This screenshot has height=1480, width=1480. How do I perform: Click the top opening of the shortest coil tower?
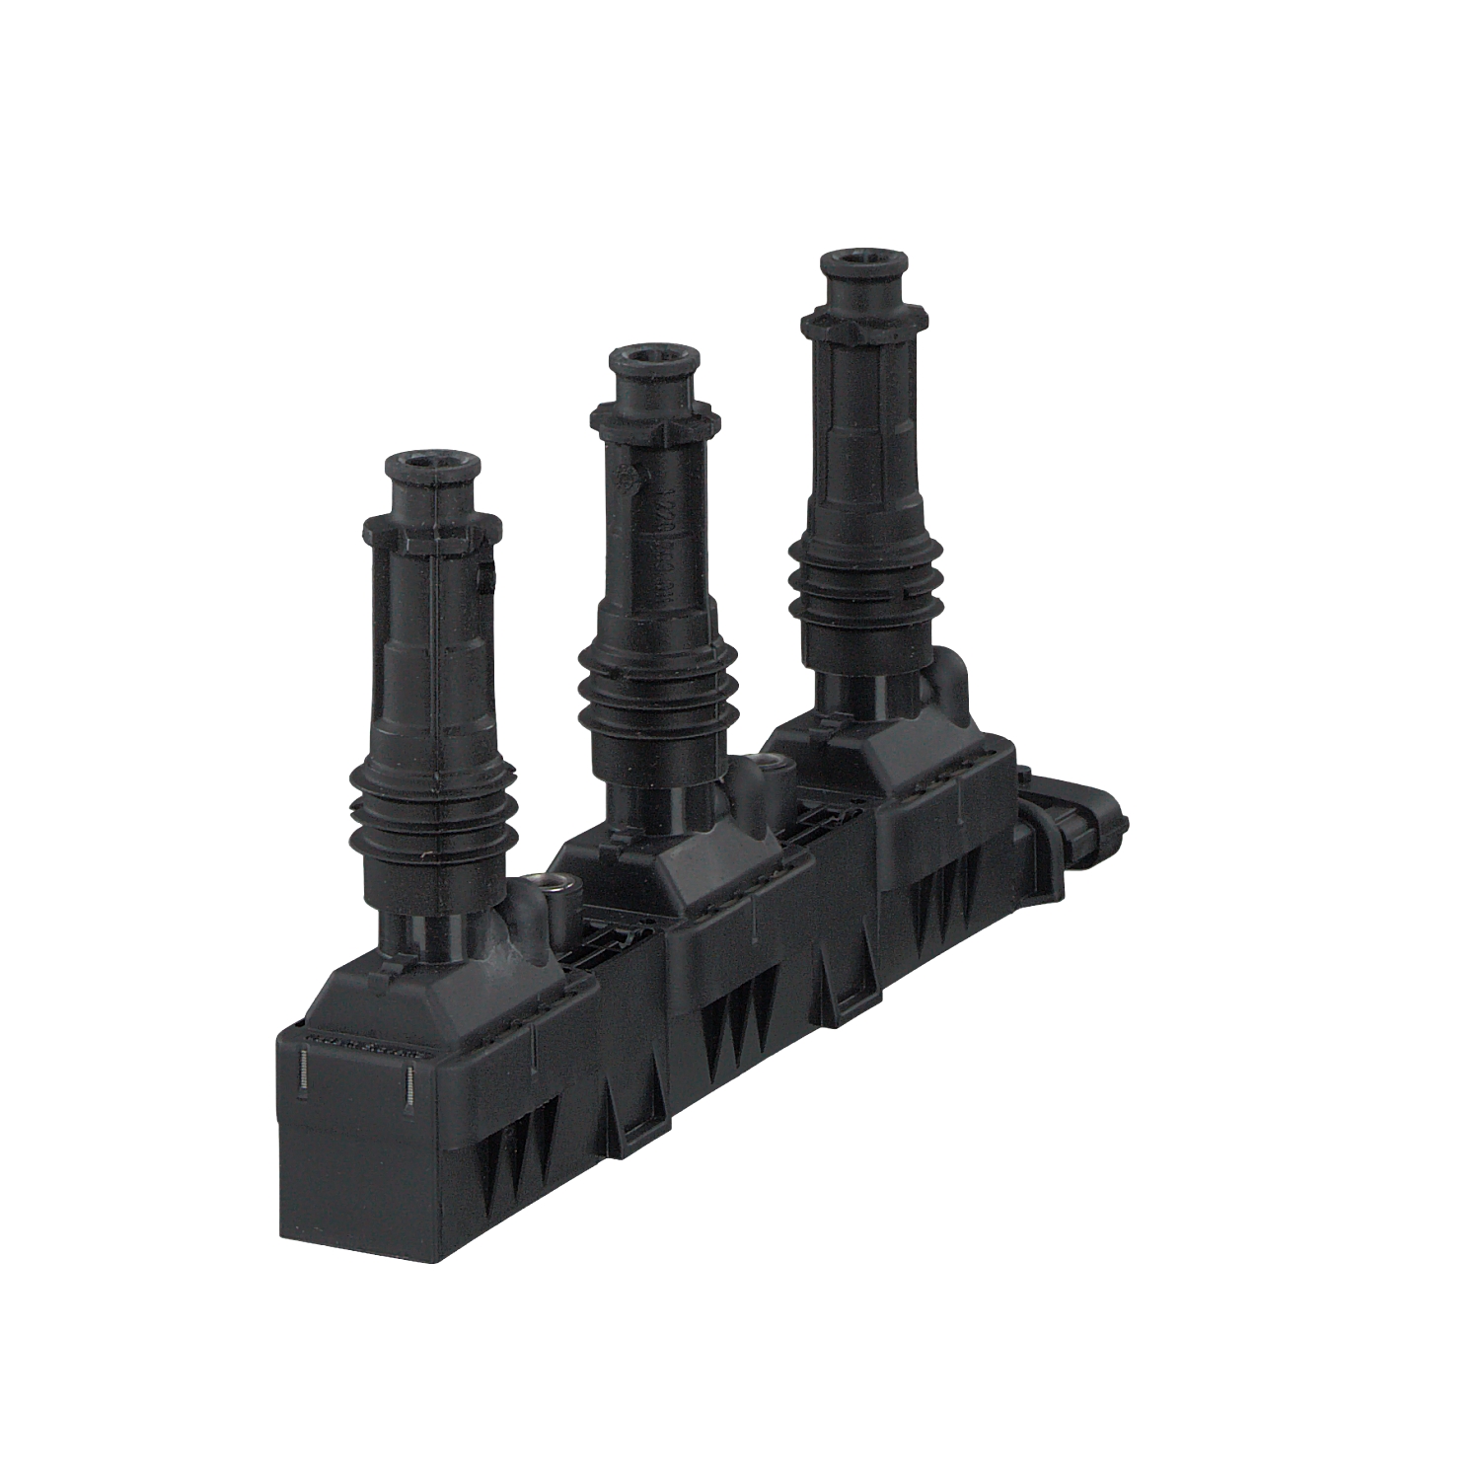433,462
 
